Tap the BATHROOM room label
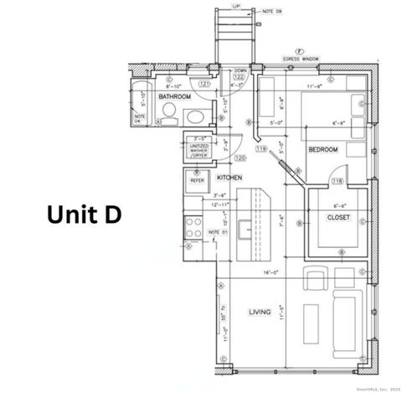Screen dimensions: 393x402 click(175, 97)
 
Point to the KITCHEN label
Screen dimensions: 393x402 click(229, 178)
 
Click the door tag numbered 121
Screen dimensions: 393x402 click(204, 84)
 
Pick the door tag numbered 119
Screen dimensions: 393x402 click(260, 148)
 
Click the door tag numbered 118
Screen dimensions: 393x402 click(338, 181)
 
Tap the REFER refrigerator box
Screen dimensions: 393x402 click(198, 179)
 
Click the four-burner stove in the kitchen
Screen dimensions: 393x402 click(193, 227)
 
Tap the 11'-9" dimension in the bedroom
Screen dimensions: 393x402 click(315, 85)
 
